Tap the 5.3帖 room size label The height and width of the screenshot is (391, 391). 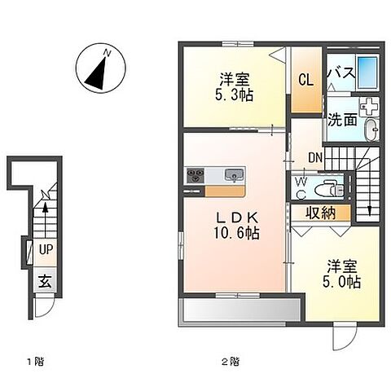point(234,94)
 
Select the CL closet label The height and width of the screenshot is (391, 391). point(305,80)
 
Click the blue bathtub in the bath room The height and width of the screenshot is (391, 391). point(368,74)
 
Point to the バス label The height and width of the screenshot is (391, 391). point(340,72)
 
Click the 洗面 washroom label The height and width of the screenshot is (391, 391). point(341,120)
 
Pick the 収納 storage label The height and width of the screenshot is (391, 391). point(322,213)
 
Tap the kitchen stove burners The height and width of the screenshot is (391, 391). point(196,175)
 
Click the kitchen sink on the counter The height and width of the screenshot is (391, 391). point(233,174)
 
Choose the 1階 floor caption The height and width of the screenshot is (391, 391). point(33,359)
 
